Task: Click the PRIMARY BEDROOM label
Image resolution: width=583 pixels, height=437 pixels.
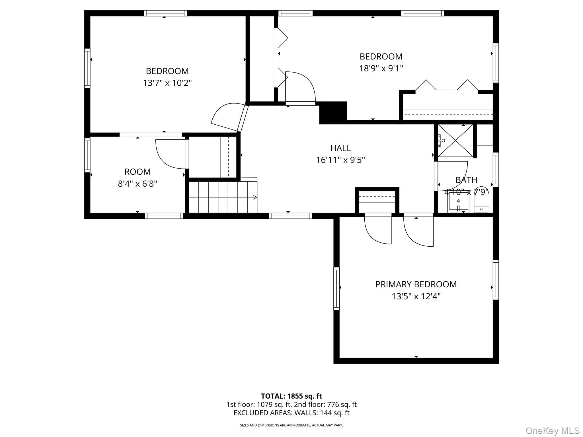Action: [x=416, y=284]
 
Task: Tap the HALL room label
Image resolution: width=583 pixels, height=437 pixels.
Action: [x=340, y=148]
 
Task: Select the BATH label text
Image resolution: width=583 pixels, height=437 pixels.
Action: [x=466, y=180]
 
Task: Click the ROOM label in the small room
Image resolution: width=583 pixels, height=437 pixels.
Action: [x=137, y=172]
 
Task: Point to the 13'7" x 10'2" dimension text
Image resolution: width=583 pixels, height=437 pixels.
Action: [x=167, y=83]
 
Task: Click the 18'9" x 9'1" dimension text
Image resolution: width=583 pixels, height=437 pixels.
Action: [x=381, y=68]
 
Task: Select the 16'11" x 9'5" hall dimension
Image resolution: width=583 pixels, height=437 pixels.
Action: [x=340, y=160]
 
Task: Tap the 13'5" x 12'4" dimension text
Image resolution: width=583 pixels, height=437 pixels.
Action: [x=416, y=296]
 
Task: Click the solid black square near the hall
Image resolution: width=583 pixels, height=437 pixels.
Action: [x=333, y=113]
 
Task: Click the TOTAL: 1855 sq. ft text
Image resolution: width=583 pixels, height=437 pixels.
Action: [x=291, y=396]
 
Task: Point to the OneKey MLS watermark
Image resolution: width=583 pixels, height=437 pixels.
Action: [x=552, y=430]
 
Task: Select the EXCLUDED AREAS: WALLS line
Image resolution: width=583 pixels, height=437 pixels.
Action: [x=291, y=413]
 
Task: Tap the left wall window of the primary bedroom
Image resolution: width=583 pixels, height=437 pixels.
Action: [x=336, y=288]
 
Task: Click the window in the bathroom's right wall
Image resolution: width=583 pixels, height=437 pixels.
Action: [x=496, y=170]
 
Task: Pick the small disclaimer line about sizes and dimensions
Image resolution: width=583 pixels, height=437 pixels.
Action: [x=291, y=425]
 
